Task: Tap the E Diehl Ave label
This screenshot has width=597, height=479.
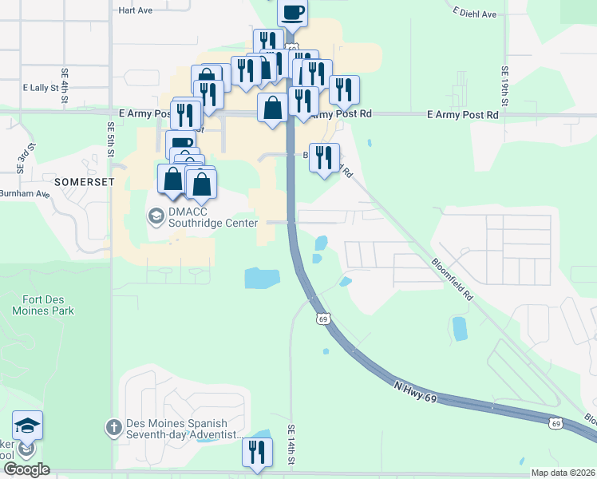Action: pyautogui.click(x=474, y=14)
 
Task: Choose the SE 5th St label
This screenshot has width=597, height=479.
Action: pyautogui.click(x=110, y=138)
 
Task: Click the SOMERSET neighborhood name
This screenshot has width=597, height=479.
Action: pyautogui.click(x=85, y=182)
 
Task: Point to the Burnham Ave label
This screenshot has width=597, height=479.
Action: pyautogui.click(x=25, y=193)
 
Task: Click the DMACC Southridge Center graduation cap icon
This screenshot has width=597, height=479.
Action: pyautogui.click(x=155, y=216)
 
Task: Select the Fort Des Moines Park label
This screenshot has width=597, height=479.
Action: pyautogui.click(x=43, y=305)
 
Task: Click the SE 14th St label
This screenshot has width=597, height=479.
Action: pyautogui.click(x=293, y=444)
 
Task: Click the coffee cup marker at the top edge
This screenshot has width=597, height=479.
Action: pyautogui.click(x=292, y=13)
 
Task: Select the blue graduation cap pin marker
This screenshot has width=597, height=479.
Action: pyautogui.click(x=27, y=426)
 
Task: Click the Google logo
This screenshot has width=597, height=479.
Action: pyautogui.click(x=26, y=469)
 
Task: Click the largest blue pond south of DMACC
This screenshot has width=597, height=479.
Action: pyautogui.click(x=262, y=278)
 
